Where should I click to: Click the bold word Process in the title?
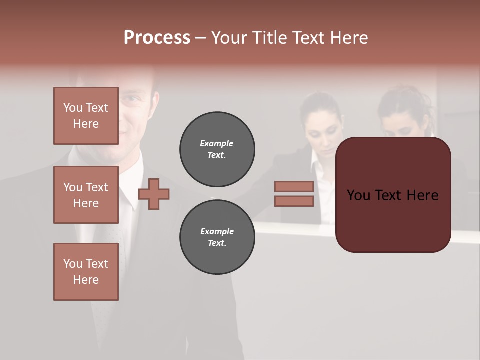coord(157,38)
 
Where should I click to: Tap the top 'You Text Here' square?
coord(86,116)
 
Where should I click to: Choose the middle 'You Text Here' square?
coord(86,195)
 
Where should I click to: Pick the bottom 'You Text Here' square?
coord(86,272)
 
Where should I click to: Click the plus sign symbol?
coord(154,194)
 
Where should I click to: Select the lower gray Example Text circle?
coord(217,237)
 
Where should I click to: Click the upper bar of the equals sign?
coord(294,186)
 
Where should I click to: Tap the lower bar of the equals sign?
coord(294,201)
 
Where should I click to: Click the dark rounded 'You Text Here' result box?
coord(393,195)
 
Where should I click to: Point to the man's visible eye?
coord(130,98)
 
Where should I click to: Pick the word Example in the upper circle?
coord(216,143)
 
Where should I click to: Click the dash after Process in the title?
coord(200,38)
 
